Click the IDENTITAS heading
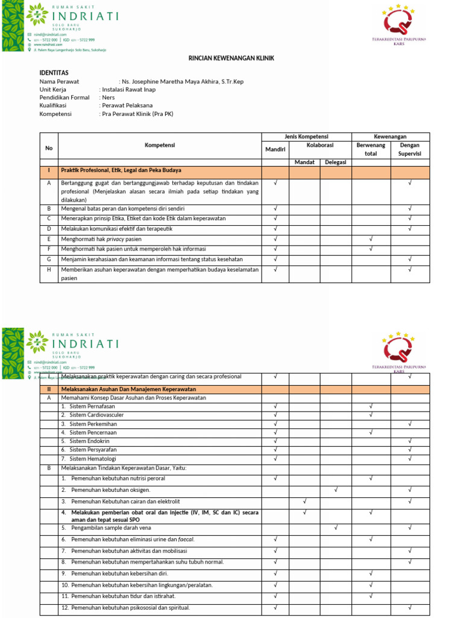point(54,71)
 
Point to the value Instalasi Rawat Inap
point(128,89)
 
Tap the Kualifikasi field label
point(53,105)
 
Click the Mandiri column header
point(275,148)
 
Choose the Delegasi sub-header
point(335,162)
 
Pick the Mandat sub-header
point(304,162)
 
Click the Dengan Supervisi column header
point(410,149)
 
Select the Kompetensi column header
point(160,145)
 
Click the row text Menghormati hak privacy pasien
point(102,239)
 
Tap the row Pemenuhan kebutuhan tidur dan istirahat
point(121,596)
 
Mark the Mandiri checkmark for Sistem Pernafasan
point(275,407)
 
